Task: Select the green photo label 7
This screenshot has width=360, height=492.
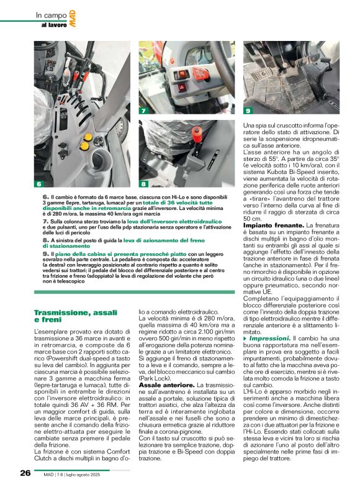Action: click(x=143, y=111)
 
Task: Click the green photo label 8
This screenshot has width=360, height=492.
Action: click(x=143, y=184)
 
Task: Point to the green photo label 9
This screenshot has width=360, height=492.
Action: click(x=248, y=111)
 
